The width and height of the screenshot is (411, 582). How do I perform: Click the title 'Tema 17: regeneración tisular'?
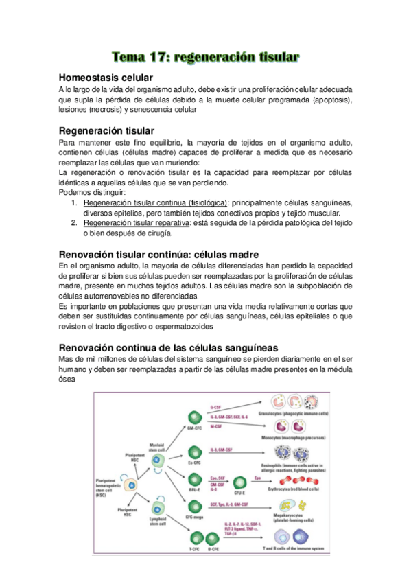[x=205, y=57]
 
